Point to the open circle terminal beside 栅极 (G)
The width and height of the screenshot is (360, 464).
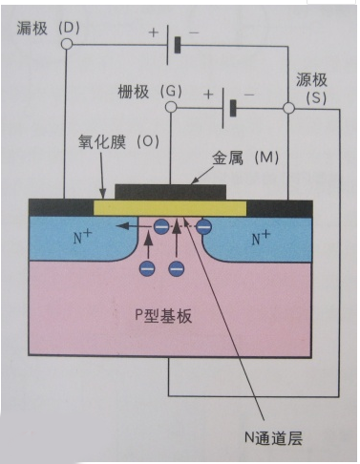pyautogui.click(x=171, y=108)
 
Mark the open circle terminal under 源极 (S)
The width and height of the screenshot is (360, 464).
pyautogui.click(x=288, y=109)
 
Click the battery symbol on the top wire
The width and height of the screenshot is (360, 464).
pyautogui.click(x=172, y=45)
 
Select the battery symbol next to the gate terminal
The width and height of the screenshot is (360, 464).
pyautogui.click(x=229, y=107)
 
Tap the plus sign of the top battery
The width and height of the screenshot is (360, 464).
pyautogui.click(x=153, y=33)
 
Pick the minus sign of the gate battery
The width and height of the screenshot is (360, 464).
pyautogui.click(x=249, y=95)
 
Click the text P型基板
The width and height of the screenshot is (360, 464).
pyautogui.click(x=164, y=316)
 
